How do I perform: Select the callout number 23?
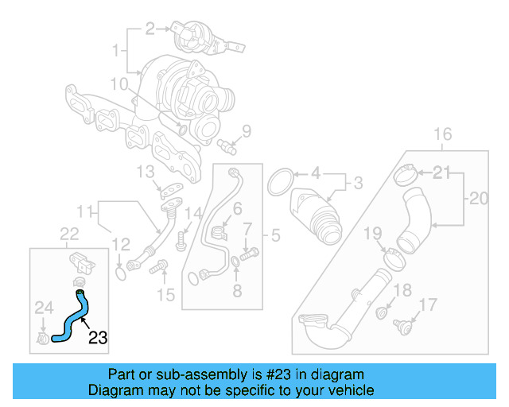point(97,338)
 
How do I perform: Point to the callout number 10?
point(119,83)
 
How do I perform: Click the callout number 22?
point(69,233)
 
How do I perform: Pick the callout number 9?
point(247,131)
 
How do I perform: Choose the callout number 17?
point(428,304)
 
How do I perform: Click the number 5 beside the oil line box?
point(275,235)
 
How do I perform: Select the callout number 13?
point(144,171)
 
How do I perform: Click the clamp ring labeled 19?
point(392,256)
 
